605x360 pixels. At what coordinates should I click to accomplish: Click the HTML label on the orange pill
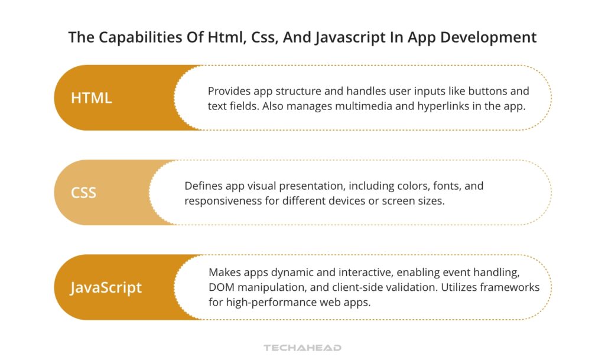pos(92,98)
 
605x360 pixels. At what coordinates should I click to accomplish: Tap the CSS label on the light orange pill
pos(83,193)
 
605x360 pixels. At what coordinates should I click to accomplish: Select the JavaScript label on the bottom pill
pos(106,287)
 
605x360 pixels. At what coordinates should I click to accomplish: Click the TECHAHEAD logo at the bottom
pos(302,348)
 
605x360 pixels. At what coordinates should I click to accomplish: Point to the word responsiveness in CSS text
pos(222,201)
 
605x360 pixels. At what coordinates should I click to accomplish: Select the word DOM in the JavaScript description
pos(221,287)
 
